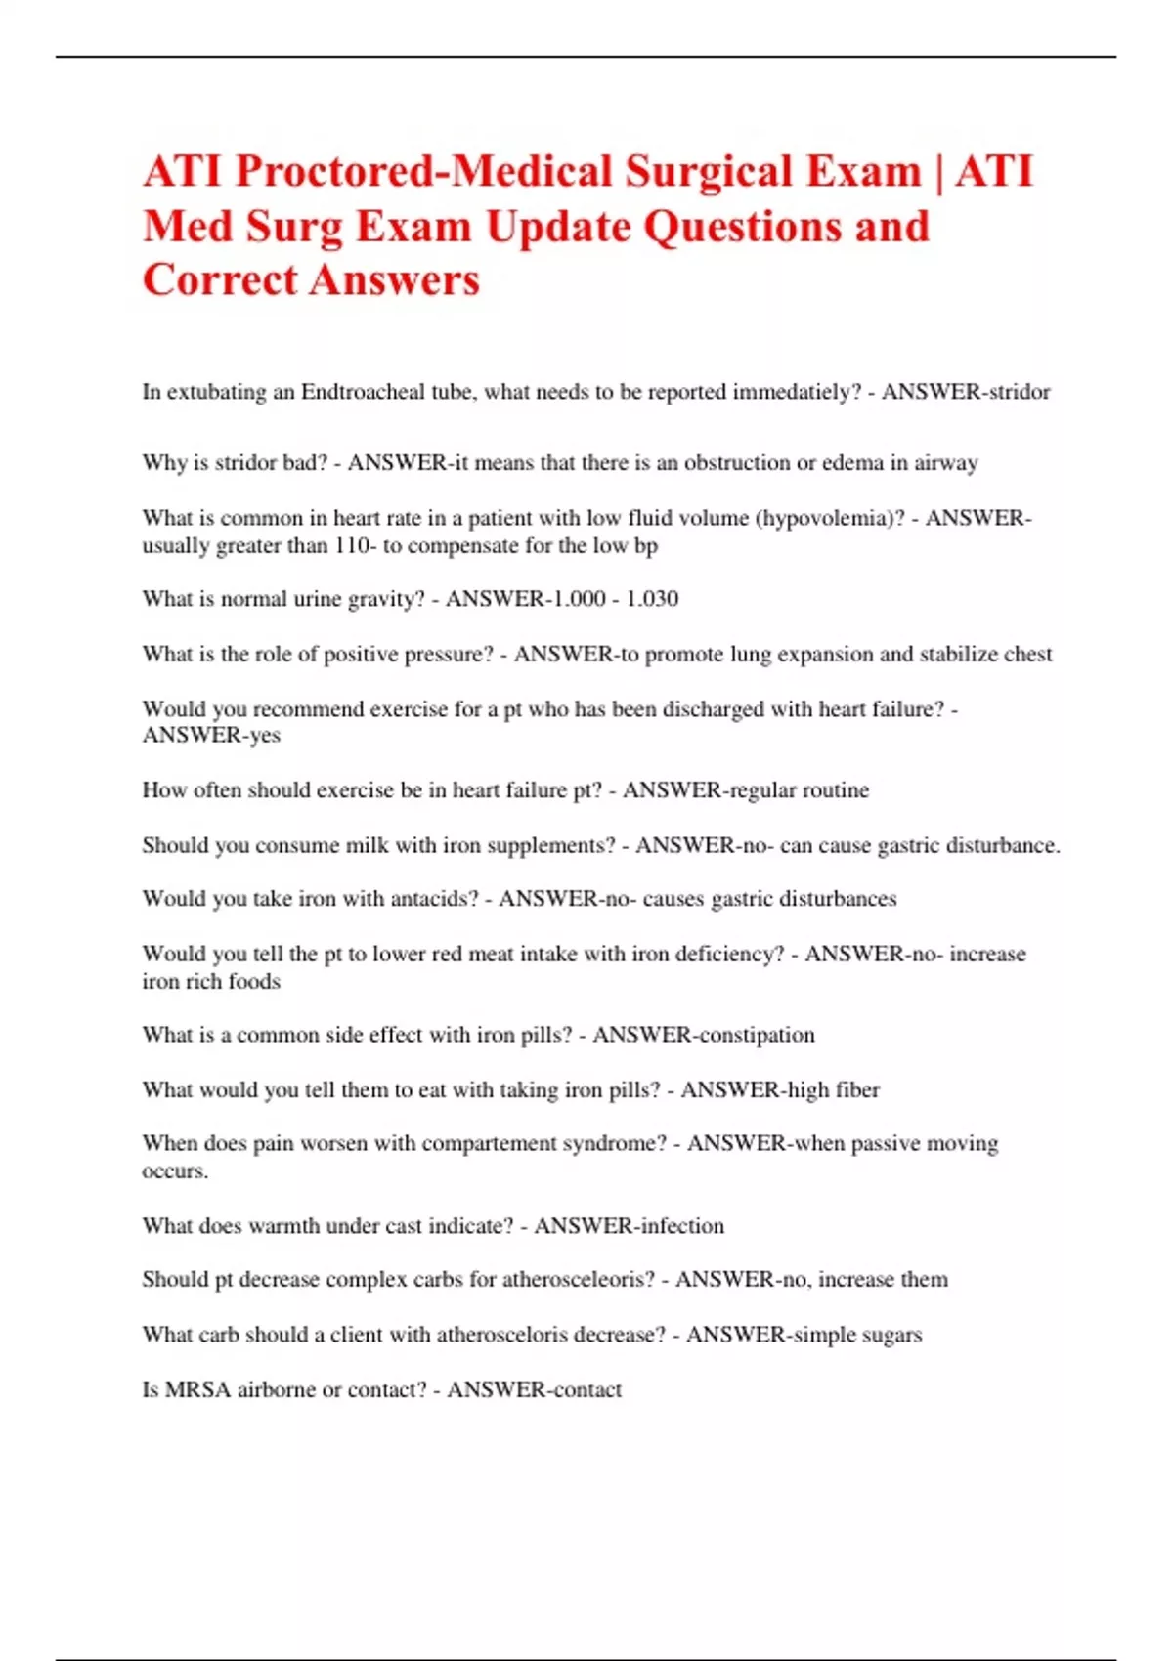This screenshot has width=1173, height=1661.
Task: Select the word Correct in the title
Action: [220, 280]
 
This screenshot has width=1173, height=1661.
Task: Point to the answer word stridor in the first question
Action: [1019, 392]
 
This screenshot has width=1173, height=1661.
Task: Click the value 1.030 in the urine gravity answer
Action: [652, 599]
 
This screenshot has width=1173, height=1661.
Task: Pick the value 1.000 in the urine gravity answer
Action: [579, 599]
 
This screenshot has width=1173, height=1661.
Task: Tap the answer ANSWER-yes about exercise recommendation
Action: [211, 736]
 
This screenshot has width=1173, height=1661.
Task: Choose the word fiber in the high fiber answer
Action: [857, 1089]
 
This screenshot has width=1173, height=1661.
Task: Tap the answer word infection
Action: [681, 1226]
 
